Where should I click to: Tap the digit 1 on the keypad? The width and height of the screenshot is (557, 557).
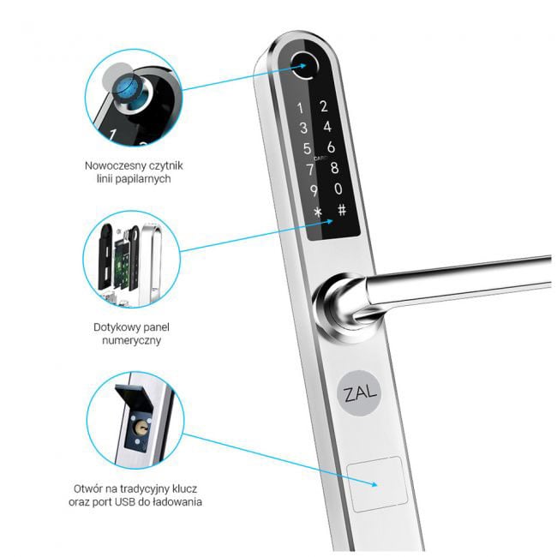click(x=300, y=108)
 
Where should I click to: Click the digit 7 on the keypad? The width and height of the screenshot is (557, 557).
click(x=310, y=169)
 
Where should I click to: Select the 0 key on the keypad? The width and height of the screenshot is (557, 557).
click(x=338, y=189)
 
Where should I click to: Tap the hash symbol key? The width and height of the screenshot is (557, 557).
click(x=342, y=210)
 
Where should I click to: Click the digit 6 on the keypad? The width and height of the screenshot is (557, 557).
click(x=331, y=147)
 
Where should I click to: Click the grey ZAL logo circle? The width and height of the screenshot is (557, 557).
click(x=359, y=392)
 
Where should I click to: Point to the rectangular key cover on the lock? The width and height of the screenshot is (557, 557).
click(x=377, y=484)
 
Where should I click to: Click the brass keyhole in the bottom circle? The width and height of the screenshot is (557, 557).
click(x=138, y=428)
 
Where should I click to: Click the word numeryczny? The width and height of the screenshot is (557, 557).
click(x=131, y=341)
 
